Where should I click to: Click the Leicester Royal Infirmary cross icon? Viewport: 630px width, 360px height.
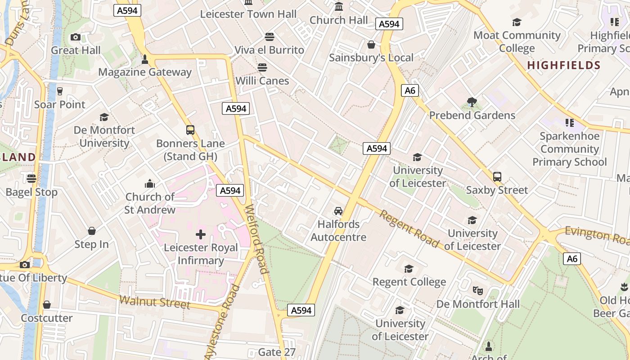201,234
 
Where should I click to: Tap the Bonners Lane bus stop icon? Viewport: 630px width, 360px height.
190,130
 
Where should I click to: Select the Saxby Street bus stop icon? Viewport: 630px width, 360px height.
497,177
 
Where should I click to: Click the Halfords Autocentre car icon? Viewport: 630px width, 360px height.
338,211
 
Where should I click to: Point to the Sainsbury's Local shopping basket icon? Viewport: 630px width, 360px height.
371,45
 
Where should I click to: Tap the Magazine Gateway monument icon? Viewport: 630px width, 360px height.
145,59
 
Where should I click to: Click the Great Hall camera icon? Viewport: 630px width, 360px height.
76,37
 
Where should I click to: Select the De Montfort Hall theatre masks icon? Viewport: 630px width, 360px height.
478,291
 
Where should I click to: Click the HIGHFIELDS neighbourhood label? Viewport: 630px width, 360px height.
563,65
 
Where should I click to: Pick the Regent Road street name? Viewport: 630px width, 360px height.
409,229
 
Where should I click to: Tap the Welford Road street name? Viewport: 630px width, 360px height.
256,239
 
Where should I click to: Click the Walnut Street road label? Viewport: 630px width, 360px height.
154,302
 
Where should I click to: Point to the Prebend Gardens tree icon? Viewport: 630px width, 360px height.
472,102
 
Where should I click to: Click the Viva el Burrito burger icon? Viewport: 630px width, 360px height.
270,36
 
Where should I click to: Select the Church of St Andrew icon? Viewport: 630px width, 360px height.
150,184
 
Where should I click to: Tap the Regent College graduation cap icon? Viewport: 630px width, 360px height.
409,269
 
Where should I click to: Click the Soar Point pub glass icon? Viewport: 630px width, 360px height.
59,91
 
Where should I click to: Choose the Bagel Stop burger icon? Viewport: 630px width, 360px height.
31,179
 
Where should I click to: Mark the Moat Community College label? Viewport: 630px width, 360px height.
517,41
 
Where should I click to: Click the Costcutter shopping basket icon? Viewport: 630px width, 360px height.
47,305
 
